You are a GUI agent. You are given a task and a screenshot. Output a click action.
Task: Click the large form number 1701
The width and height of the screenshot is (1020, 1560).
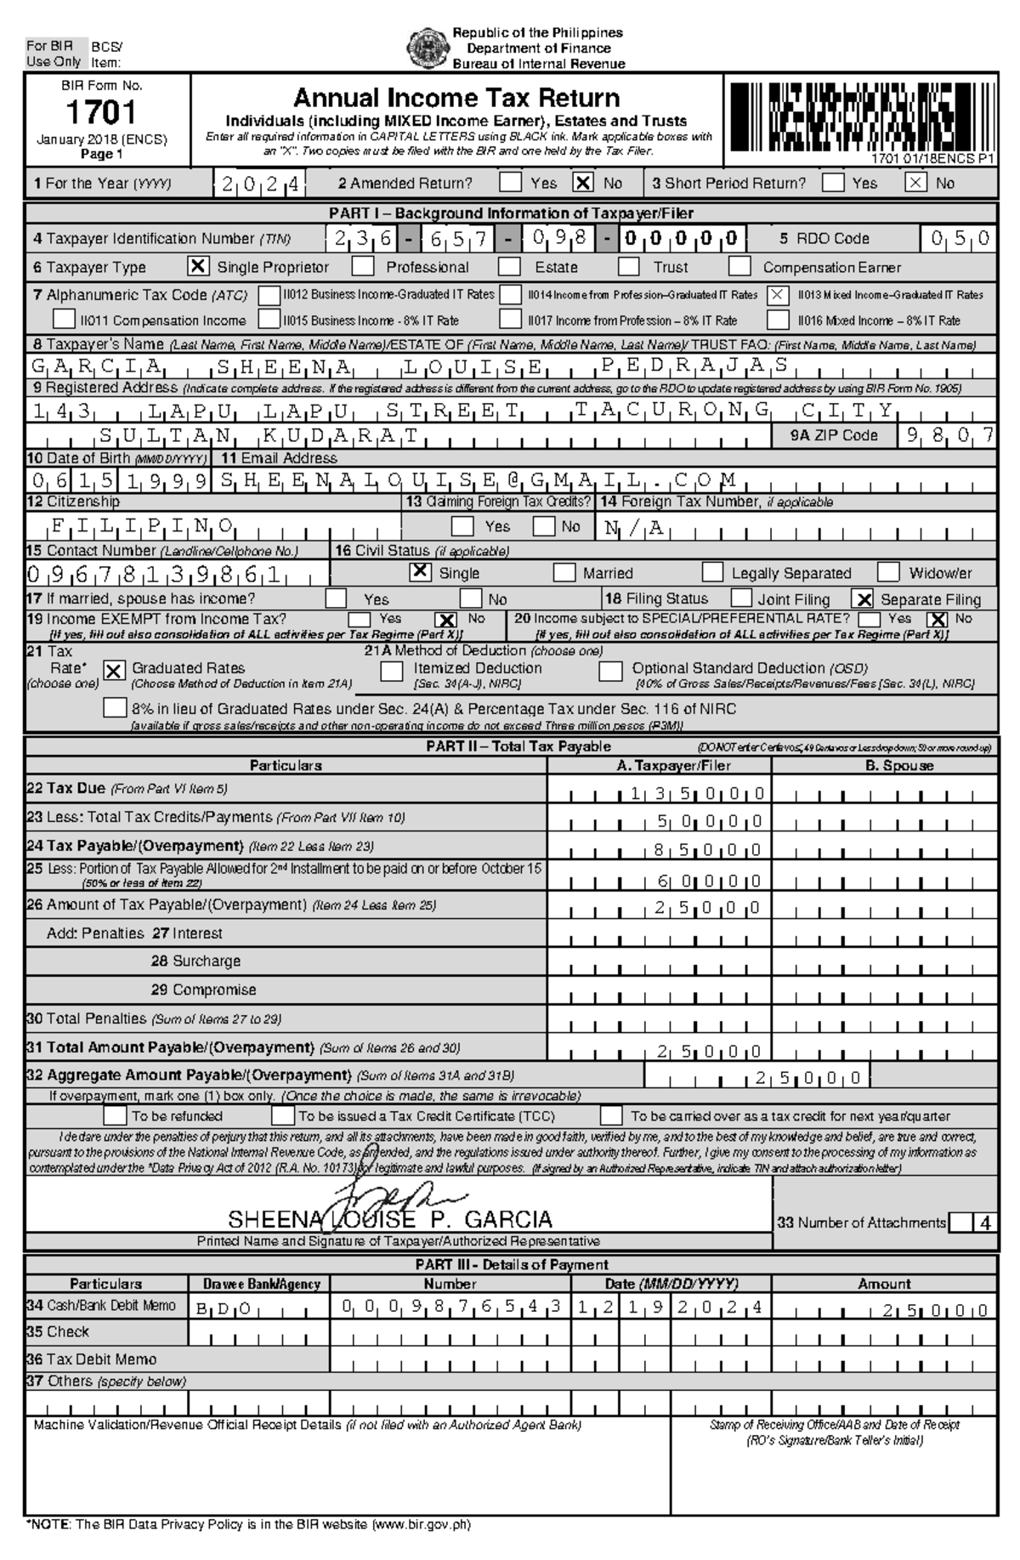tap(101, 112)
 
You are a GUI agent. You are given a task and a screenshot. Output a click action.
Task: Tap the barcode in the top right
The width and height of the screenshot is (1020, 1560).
tap(860, 113)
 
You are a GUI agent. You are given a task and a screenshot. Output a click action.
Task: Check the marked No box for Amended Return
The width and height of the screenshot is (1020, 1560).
tap(583, 183)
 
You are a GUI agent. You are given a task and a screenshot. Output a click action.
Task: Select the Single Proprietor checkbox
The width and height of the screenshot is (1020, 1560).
tap(197, 267)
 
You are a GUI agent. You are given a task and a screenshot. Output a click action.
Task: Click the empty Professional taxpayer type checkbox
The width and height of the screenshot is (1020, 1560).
tap(363, 267)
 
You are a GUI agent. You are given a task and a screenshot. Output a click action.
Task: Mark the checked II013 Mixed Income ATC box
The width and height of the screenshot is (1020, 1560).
tap(777, 295)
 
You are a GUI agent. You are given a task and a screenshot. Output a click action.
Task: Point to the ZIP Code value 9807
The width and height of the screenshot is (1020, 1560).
tap(950, 435)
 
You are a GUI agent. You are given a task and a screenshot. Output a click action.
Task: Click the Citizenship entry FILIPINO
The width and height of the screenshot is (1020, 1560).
tap(142, 525)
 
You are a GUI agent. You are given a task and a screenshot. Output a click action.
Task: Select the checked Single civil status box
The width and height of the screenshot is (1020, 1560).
tap(420, 572)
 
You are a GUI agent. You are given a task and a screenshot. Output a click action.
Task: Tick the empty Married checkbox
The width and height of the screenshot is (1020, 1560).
tap(564, 572)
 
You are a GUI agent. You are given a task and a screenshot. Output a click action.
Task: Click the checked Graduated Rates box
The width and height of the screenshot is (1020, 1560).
tap(114, 671)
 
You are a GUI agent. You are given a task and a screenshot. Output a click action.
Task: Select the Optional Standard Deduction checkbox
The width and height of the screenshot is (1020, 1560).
tap(610, 671)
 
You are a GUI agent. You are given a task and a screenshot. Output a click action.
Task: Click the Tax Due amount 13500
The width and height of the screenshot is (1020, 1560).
tap(697, 794)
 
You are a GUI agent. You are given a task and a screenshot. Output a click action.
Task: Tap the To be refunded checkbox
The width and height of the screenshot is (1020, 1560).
tap(115, 1115)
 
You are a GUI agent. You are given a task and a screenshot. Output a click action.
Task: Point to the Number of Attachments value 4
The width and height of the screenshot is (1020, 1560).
tap(984, 1223)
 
